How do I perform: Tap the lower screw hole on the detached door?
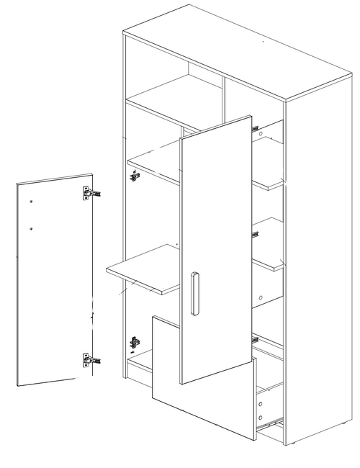pos(33,230)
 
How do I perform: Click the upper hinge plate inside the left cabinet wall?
pos(134,174)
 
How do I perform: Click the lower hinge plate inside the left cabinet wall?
pos(134,341)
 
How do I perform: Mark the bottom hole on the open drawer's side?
pos(261,417)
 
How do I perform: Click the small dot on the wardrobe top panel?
pos(264,45)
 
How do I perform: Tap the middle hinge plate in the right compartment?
pos(255,232)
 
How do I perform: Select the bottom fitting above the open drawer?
pos(255,337)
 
